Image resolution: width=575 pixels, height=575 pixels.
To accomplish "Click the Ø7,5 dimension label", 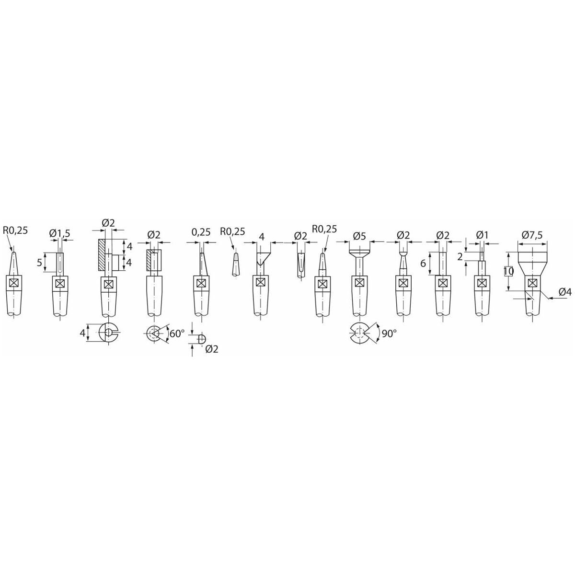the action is pyautogui.click(x=532, y=235).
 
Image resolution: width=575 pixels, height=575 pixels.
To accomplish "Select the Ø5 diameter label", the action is pyautogui.click(x=359, y=236).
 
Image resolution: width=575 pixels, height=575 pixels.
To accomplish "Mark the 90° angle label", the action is pyautogui.click(x=389, y=333).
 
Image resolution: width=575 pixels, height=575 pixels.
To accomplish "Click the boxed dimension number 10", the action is pyautogui.click(x=508, y=272).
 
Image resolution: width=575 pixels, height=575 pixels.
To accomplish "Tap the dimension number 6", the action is pyautogui.click(x=423, y=264).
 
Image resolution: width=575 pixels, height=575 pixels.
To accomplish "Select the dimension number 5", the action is pyautogui.click(x=39, y=262).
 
